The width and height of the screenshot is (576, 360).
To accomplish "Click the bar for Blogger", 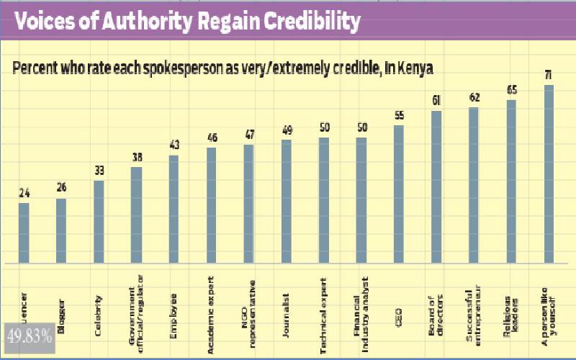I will click(x=61, y=231).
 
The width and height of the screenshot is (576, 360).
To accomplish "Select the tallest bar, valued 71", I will click(x=549, y=174).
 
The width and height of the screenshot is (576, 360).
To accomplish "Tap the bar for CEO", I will click(x=399, y=194).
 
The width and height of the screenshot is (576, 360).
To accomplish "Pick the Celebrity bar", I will click(x=99, y=222).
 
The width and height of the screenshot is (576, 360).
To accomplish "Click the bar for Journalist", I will click(x=287, y=202).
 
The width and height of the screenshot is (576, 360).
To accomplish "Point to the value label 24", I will click(x=24, y=193).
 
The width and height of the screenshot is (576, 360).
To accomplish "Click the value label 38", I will click(x=136, y=157).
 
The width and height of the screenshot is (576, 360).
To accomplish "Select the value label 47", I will click(x=248, y=135).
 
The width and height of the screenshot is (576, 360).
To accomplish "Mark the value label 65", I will click(x=512, y=90).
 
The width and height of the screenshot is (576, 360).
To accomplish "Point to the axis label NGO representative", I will click(x=249, y=305).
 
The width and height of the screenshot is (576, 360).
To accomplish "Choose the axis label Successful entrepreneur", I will click(x=474, y=303).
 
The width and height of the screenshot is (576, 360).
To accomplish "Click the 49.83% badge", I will click(x=29, y=335).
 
